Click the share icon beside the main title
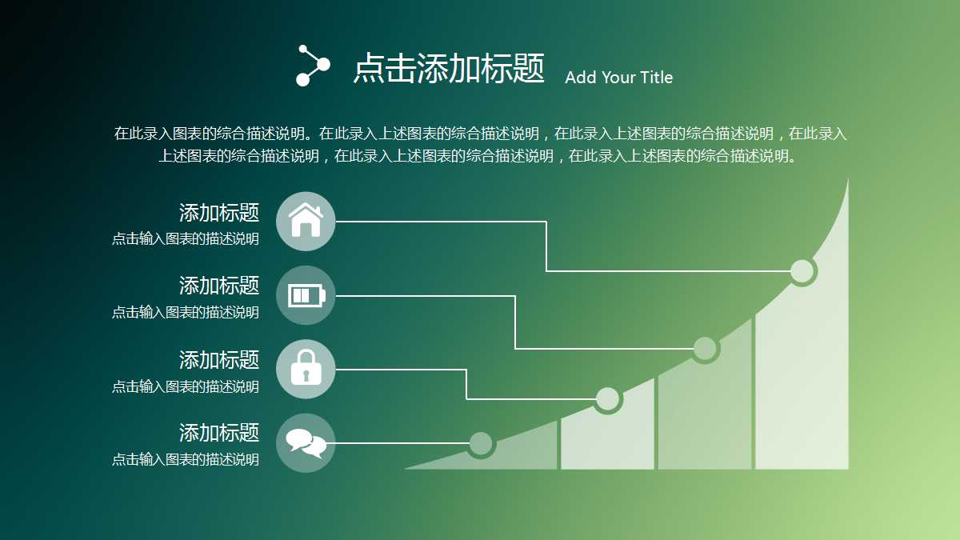pos(312,65)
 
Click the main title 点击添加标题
pos(449,69)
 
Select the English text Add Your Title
pos(618,78)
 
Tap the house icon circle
pos(306,222)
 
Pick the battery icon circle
pos(306,295)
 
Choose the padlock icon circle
pos(306,369)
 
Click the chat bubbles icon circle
pos(306,442)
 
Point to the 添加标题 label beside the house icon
pos(219,213)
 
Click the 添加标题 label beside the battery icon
pos(219,286)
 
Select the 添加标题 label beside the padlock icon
pos(219,360)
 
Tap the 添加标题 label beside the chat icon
pos(219,434)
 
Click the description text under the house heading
pos(186,238)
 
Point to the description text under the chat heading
pos(186,460)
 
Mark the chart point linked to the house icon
pos(802,271)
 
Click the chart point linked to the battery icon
pos(705,349)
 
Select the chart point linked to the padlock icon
pos(608,398)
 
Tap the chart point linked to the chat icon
pos(481,442)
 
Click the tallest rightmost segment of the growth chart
pos(802,384)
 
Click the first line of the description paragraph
pos(480,134)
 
